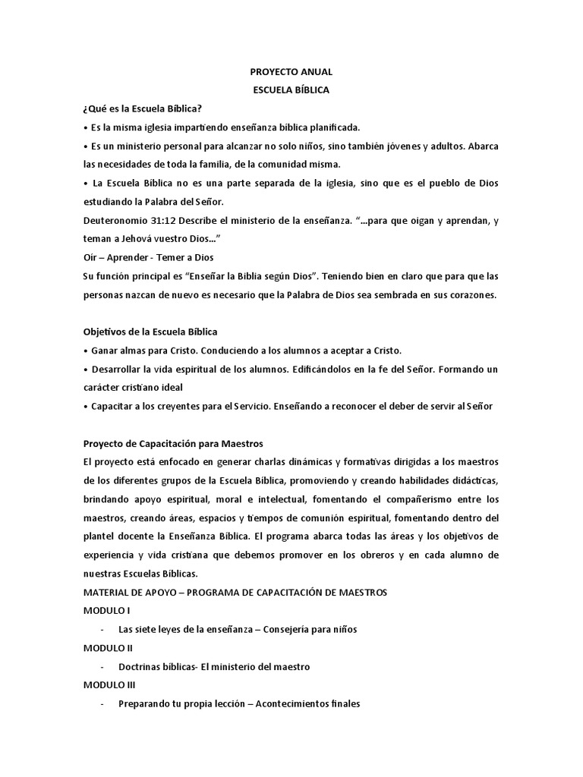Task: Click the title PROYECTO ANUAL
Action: (291, 72)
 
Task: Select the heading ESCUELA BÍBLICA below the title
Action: (291, 90)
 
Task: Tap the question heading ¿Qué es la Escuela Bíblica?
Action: (142, 109)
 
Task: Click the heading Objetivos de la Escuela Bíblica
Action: (150, 332)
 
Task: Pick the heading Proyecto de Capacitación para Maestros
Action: (172, 443)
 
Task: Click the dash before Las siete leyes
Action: (102, 629)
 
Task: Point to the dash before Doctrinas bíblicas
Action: (102, 666)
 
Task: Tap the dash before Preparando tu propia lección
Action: (102, 703)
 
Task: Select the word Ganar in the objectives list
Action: (105, 351)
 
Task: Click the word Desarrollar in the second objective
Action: (115, 369)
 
